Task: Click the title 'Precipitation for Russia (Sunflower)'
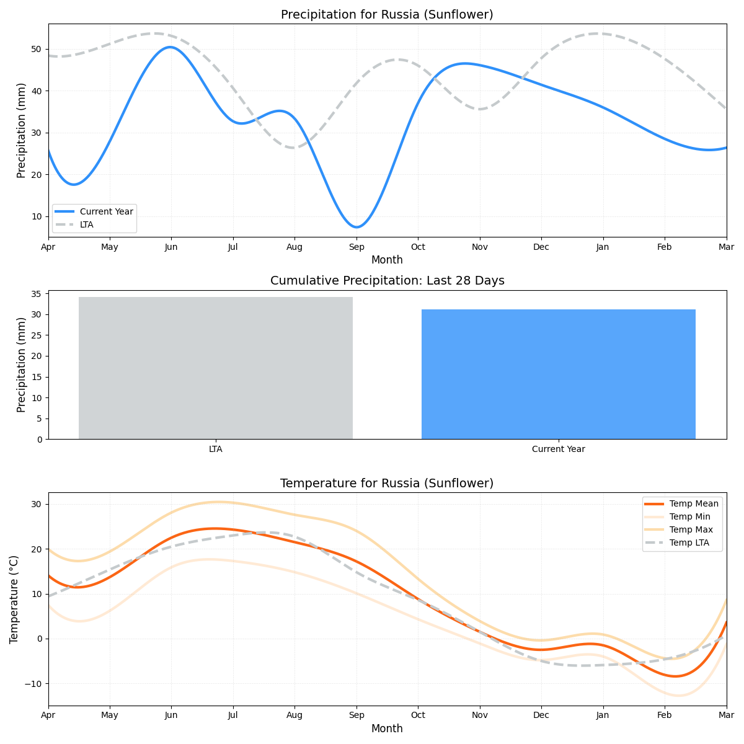387,15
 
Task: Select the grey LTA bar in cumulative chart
216,368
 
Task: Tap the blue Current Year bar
558,374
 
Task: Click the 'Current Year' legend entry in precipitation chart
106,211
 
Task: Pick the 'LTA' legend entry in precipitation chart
87,224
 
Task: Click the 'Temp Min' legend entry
689,516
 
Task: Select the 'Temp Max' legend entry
691,529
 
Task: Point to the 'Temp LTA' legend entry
689,543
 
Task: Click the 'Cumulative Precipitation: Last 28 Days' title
387,281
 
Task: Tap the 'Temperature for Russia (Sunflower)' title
387,483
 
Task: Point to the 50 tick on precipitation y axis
37,49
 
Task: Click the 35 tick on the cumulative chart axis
37,294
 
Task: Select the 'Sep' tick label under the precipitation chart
356,247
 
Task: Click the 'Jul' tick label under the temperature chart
233,716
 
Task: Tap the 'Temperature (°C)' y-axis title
14,599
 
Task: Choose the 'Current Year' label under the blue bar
558,449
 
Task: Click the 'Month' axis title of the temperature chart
387,728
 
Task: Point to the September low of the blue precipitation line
356,227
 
